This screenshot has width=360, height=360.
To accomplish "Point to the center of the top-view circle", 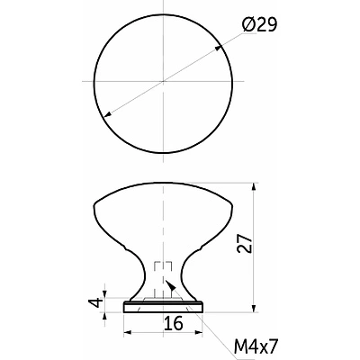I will pos(163,81).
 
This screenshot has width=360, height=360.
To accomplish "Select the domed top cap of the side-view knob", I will pos(163,202).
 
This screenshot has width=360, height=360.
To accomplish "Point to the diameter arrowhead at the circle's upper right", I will pos(218,48).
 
